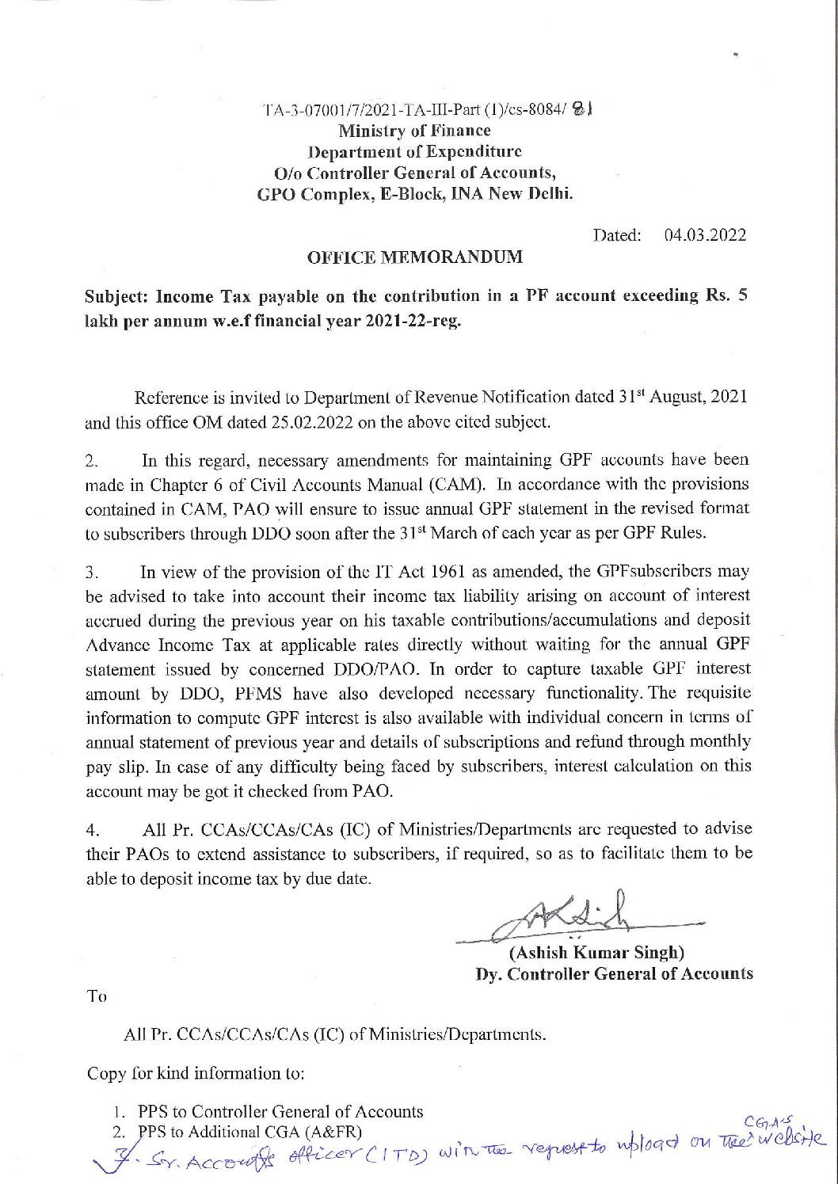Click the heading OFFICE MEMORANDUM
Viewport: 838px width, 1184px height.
click(414, 257)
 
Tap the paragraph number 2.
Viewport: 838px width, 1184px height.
click(91, 460)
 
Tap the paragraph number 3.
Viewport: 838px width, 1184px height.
click(91, 572)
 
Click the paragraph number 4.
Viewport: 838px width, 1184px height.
click(91, 830)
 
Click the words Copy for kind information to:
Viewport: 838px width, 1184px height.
click(196, 1074)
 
